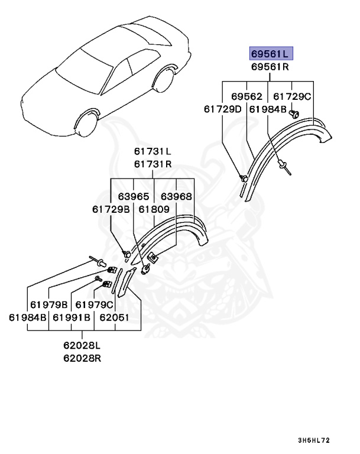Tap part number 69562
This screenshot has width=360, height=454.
tap(246, 96)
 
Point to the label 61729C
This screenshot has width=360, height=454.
tap(292, 96)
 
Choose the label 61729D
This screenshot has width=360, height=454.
tap(223, 109)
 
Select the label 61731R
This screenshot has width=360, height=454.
tap(152, 165)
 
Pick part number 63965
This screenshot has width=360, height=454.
tap(134, 196)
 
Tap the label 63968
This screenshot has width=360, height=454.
tap(176, 196)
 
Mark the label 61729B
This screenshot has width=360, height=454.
tap(111, 209)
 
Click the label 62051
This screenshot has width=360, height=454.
tap(114, 317)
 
